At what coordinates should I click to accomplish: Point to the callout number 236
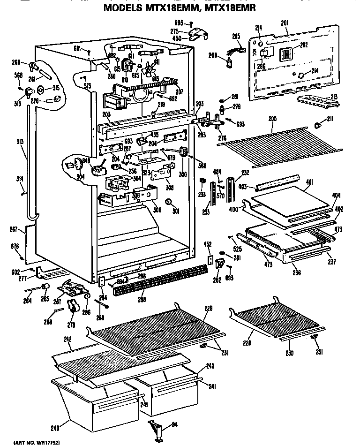296,272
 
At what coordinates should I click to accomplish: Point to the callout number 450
177,38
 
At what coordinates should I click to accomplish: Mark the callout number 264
29,301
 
